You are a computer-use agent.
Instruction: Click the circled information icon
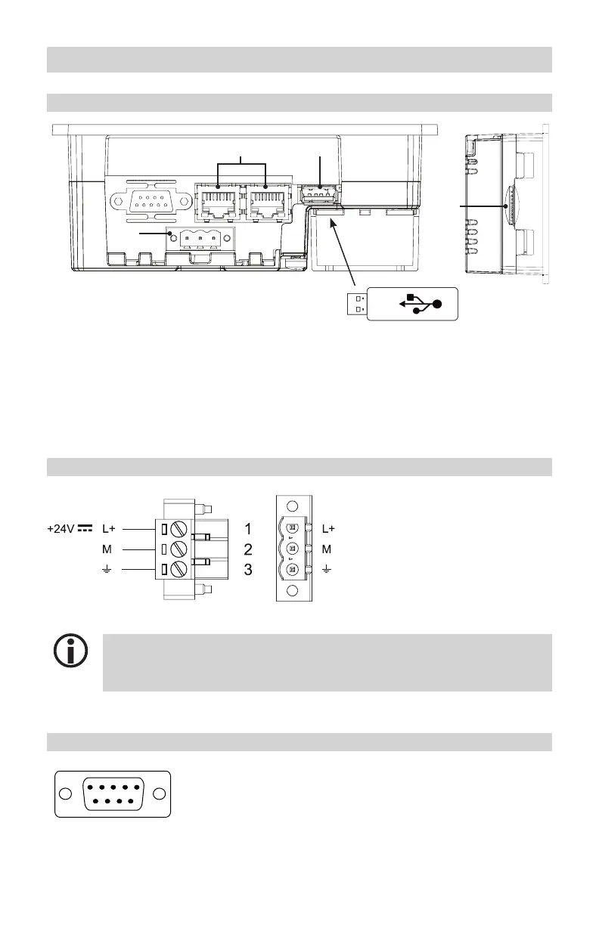(70, 651)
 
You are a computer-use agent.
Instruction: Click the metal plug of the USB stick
(357, 304)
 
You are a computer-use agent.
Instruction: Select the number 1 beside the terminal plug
(248, 528)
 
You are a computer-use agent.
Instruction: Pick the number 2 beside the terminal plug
(248, 549)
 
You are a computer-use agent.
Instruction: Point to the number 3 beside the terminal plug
(248, 570)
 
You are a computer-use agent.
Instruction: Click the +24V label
(61, 528)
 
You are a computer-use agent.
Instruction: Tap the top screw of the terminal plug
(178, 528)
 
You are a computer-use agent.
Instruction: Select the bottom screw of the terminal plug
(178, 569)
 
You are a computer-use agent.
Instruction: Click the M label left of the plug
(107, 549)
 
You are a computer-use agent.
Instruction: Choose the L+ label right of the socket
(328, 528)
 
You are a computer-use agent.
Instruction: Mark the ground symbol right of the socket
(327, 570)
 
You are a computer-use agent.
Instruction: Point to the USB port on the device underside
(319, 193)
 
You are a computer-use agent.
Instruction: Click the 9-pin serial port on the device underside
(151, 201)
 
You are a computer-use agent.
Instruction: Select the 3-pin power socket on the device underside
(200, 238)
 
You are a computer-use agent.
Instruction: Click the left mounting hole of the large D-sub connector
(65, 794)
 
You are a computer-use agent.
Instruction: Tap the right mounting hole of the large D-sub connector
(159, 794)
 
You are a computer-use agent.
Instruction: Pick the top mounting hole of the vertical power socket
(292, 506)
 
